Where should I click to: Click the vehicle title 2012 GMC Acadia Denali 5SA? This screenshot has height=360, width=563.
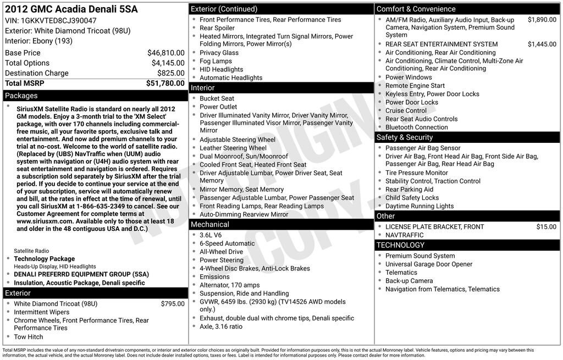tap(71, 9)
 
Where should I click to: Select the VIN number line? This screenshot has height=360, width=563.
tap(51, 20)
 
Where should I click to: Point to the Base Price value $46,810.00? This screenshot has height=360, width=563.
tap(165, 53)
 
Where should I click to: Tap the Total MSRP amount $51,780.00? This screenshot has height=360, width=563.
tap(165, 83)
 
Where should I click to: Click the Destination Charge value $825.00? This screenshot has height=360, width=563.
tap(170, 73)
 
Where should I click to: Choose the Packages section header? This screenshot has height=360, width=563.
tap(21, 96)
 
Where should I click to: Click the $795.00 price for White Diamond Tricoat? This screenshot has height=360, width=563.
tap(173, 303)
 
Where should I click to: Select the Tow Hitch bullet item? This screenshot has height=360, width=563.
tap(29, 337)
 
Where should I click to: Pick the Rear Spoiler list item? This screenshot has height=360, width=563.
tap(217, 28)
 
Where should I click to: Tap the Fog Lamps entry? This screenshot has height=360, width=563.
tap(216, 61)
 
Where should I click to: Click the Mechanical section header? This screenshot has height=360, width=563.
tap(209, 224)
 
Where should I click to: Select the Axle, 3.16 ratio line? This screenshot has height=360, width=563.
tap(221, 326)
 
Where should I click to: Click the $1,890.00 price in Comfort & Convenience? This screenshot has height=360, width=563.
tap(542, 20)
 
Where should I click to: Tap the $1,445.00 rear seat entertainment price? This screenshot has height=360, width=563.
tap(542, 44)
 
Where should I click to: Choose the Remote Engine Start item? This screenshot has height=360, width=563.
tap(415, 86)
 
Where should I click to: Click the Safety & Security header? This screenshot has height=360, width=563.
tap(404, 137)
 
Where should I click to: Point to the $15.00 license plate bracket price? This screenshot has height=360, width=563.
tap(546, 226)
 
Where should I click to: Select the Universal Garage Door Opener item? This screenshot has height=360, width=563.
tap(429, 264)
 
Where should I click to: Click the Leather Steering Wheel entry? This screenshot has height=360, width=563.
tap(233, 148)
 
